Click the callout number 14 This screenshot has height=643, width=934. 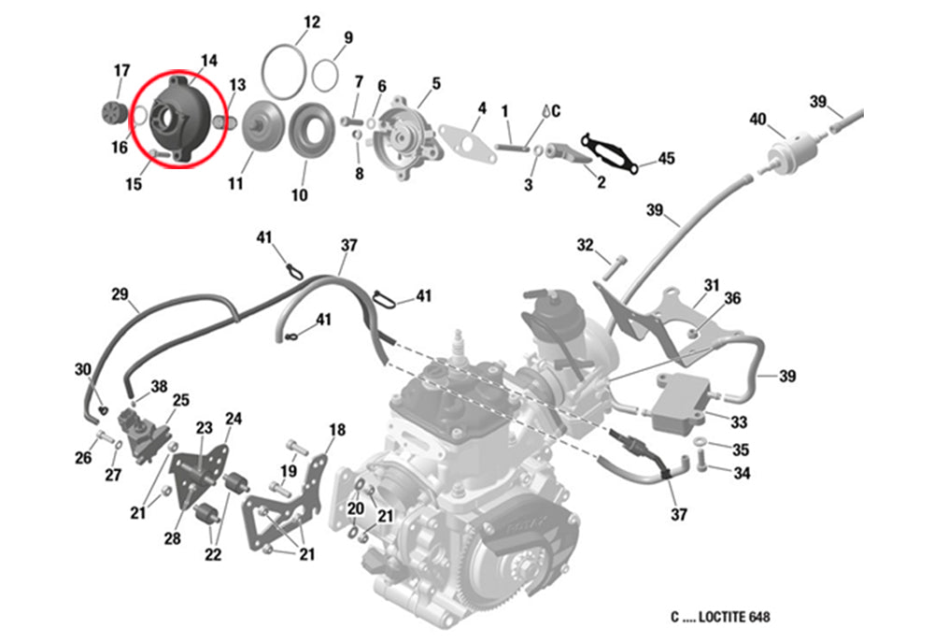(208, 61)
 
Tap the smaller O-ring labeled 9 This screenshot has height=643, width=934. (312, 75)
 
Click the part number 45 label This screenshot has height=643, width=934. (666, 159)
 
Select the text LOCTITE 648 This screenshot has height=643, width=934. (734, 617)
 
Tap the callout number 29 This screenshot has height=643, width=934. (120, 294)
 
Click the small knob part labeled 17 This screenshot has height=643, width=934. (111, 112)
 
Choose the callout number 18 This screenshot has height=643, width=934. (337, 430)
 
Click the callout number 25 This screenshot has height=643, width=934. (180, 400)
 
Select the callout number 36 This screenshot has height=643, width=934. (732, 298)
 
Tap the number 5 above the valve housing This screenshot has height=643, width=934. (436, 83)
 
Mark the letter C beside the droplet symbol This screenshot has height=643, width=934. (556, 111)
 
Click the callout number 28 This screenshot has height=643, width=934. (172, 538)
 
